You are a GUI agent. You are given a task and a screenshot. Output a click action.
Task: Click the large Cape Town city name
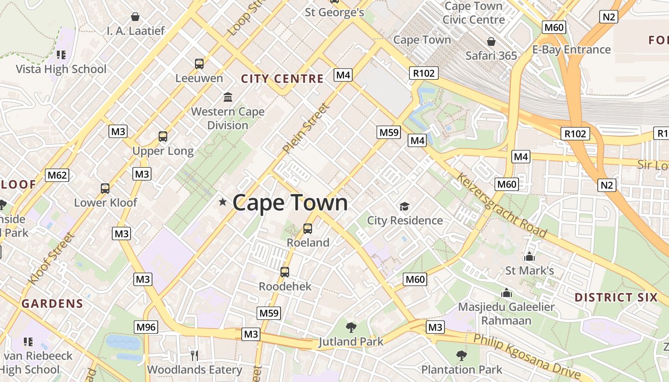click(x=290, y=202)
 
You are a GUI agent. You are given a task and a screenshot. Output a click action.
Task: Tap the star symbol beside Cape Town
click(x=222, y=202)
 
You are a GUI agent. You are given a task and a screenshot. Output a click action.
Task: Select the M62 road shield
click(x=57, y=175)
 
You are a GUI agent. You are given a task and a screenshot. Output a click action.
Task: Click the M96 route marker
click(x=146, y=327)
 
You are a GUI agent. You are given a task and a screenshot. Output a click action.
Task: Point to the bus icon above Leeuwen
click(x=199, y=64)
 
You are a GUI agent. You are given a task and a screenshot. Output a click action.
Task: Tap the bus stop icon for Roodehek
click(x=285, y=272)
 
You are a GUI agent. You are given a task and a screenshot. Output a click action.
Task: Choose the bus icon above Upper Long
click(x=163, y=137)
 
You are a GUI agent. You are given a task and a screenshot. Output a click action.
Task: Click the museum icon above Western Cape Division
click(x=228, y=97)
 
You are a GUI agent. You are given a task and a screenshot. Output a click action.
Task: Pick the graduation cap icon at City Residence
click(x=405, y=206)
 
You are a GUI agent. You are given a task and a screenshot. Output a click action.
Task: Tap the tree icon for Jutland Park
click(x=351, y=328)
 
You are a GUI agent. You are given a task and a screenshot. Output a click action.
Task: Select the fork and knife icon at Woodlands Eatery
click(x=194, y=355)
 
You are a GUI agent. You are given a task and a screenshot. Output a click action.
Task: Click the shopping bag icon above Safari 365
click(x=491, y=42)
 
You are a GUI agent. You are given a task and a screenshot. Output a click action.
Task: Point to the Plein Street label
click(x=306, y=128)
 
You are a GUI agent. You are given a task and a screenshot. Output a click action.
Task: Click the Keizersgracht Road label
click(x=501, y=205)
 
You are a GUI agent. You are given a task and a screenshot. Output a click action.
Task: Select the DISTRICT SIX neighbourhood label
click(x=616, y=297)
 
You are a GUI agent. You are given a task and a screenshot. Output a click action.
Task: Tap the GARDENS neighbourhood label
click(x=52, y=303)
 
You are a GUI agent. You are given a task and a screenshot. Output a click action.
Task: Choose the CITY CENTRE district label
click(x=282, y=79)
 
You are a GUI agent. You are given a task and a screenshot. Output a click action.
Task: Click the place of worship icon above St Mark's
click(x=529, y=257)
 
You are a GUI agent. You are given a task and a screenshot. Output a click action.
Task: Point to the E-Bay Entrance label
click(x=571, y=50)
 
